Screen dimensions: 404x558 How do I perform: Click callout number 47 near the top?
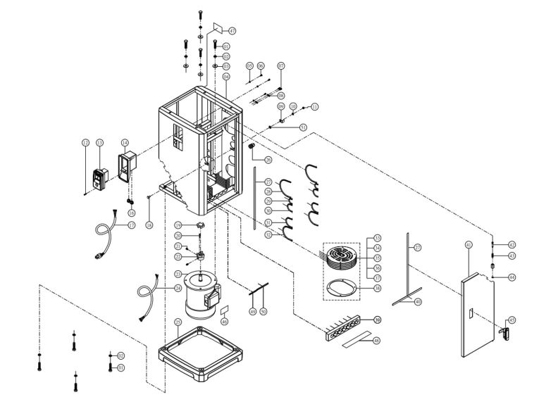click(x=232, y=31)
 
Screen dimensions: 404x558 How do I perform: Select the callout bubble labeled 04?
click(x=226, y=76)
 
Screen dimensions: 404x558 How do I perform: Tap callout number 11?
click(x=314, y=106)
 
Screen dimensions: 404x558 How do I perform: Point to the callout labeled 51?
click(x=303, y=127)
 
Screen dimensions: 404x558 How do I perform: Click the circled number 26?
click(x=268, y=160)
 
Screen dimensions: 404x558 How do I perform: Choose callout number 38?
click(x=378, y=288)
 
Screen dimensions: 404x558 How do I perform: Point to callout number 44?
click(x=512, y=277)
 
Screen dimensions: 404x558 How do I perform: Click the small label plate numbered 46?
click(x=225, y=310)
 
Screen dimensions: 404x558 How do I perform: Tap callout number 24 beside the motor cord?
click(x=178, y=288)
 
